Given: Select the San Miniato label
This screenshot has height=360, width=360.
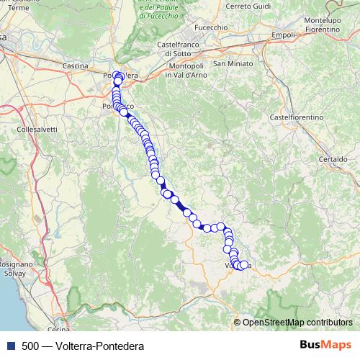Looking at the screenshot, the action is [230, 63].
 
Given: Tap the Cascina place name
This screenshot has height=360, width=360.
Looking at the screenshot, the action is [76, 66].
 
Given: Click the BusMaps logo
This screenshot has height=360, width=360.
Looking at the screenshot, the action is [325, 346].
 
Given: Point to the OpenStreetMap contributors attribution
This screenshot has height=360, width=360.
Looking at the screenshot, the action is [297, 322].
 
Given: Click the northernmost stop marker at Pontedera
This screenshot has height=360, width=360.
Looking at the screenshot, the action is [119, 74].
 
